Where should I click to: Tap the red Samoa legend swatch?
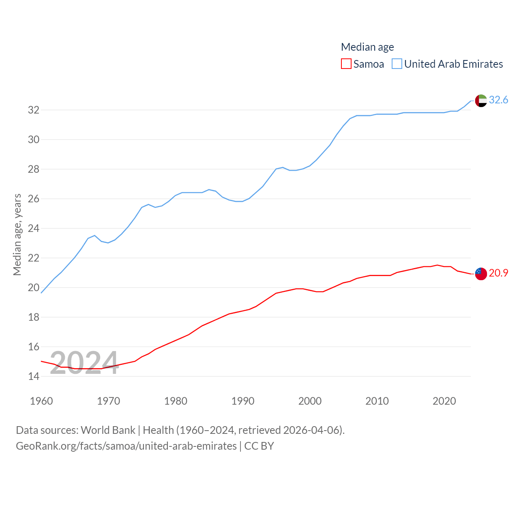tap(346, 64)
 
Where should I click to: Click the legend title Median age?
tap(367, 47)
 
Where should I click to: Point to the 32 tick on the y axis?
tap(34, 110)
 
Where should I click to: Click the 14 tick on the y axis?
tap(34, 376)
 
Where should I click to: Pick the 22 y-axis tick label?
tap(34, 258)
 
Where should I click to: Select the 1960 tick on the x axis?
tap(41, 401)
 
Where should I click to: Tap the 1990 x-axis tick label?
tap(243, 401)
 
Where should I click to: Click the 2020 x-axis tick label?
tap(444, 401)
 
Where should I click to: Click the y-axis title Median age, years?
tap(17, 235)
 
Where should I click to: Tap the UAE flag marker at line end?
tap(481, 101)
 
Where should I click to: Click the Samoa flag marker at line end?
tap(481, 274)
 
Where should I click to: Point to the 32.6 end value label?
tap(498, 100)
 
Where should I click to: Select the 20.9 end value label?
tap(498, 273)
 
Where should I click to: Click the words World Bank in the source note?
tap(108, 430)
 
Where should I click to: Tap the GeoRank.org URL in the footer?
tap(126, 446)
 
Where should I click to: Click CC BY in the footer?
tap(259, 446)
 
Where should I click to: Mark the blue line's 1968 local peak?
tap(95, 235)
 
